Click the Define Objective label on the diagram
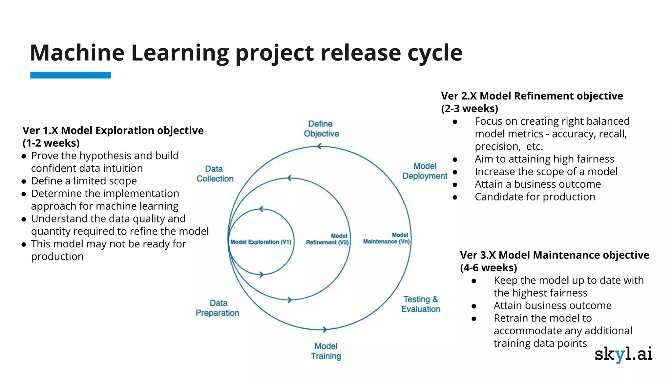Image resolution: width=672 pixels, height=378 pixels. click(321, 129)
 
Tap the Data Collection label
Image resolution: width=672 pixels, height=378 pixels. click(215, 174)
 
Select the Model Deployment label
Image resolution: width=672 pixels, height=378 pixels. click(425, 171)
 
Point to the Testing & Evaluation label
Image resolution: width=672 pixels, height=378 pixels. click(421, 304)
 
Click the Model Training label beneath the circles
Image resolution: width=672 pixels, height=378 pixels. click(326, 351)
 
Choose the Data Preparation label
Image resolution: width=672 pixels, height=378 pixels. click(218, 308)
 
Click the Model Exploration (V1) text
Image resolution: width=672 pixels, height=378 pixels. click(261, 242)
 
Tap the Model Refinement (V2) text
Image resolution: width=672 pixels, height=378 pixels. click(327, 239)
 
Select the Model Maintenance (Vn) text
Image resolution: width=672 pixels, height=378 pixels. click(386, 239)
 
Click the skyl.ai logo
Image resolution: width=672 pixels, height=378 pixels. click(623, 354)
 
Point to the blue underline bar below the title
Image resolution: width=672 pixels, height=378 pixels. click(71, 75)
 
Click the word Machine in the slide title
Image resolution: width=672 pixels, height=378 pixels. click(77, 53)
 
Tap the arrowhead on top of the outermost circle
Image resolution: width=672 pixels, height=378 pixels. click(319, 146)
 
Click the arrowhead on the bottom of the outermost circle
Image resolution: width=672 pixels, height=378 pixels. click(324, 329)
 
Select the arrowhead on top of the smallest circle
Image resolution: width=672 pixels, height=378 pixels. click(261, 209)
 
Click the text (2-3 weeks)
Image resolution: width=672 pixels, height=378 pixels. click(469, 109)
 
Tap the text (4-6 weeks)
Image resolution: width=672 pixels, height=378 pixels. click(488, 268)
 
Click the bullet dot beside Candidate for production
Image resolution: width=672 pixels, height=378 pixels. click(455, 197)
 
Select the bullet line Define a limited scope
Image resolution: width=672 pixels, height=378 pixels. click(84, 181)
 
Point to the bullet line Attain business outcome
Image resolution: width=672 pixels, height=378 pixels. click(552, 305)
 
